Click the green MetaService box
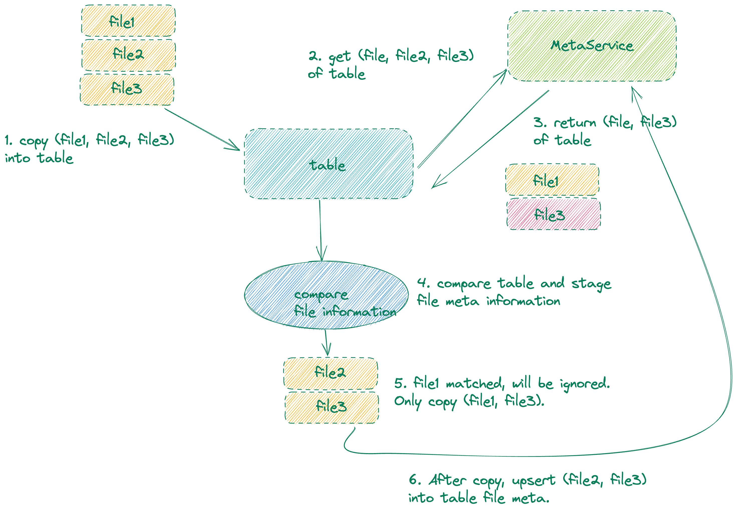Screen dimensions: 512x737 pos(592,46)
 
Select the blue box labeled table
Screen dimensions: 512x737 pos(328,164)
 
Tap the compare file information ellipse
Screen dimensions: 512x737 pos(326,295)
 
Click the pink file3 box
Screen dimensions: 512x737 pos(553,214)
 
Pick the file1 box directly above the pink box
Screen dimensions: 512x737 pos(552,180)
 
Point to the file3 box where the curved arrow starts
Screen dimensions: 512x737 pos(332,407)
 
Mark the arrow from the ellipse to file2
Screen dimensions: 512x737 pos(326,343)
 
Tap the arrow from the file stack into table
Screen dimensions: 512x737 pos(202,129)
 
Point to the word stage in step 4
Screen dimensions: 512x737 pos(591,284)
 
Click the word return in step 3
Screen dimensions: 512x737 pos(574,123)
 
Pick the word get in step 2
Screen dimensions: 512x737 pos(340,57)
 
